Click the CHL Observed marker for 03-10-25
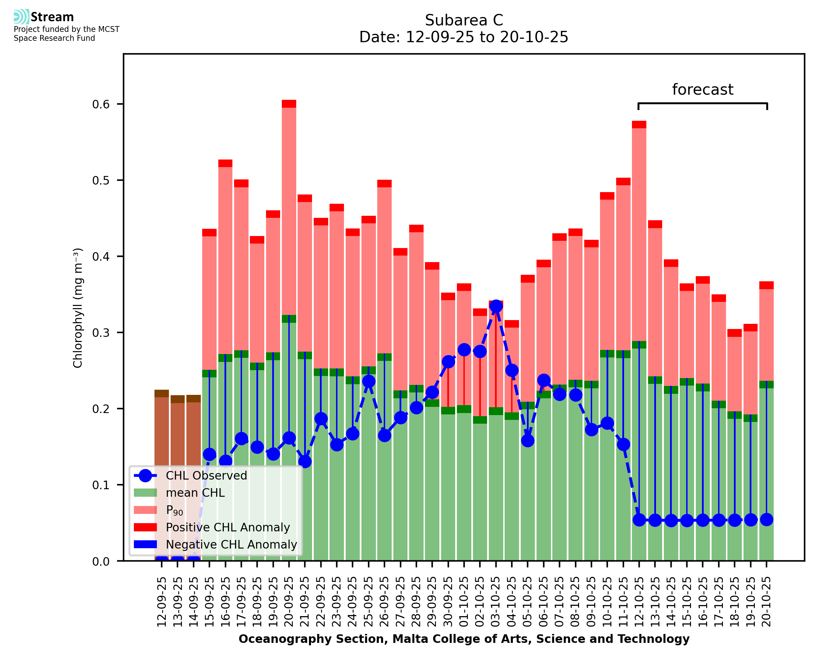[x=496, y=306]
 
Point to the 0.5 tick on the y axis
[x=101, y=180]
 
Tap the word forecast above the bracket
[x=702, y=90]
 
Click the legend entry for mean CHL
[x=195, y=493]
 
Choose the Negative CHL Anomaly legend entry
[x=231, y=544]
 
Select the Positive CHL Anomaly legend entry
[x=228, y=527]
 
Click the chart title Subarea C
[x=464, y=20]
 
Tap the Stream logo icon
[x=21, y=17]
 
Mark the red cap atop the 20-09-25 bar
[x=289, y=104]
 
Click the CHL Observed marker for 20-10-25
[x=767, y=520]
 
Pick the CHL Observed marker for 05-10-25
[x=528, y=441]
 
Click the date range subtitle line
[x=464, y=37]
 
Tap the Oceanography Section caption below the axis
[x=464, y=639]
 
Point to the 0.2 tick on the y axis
[x=101, y=409]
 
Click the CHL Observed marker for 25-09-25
[x=368, y=381]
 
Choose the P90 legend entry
[x=174, y=510]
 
